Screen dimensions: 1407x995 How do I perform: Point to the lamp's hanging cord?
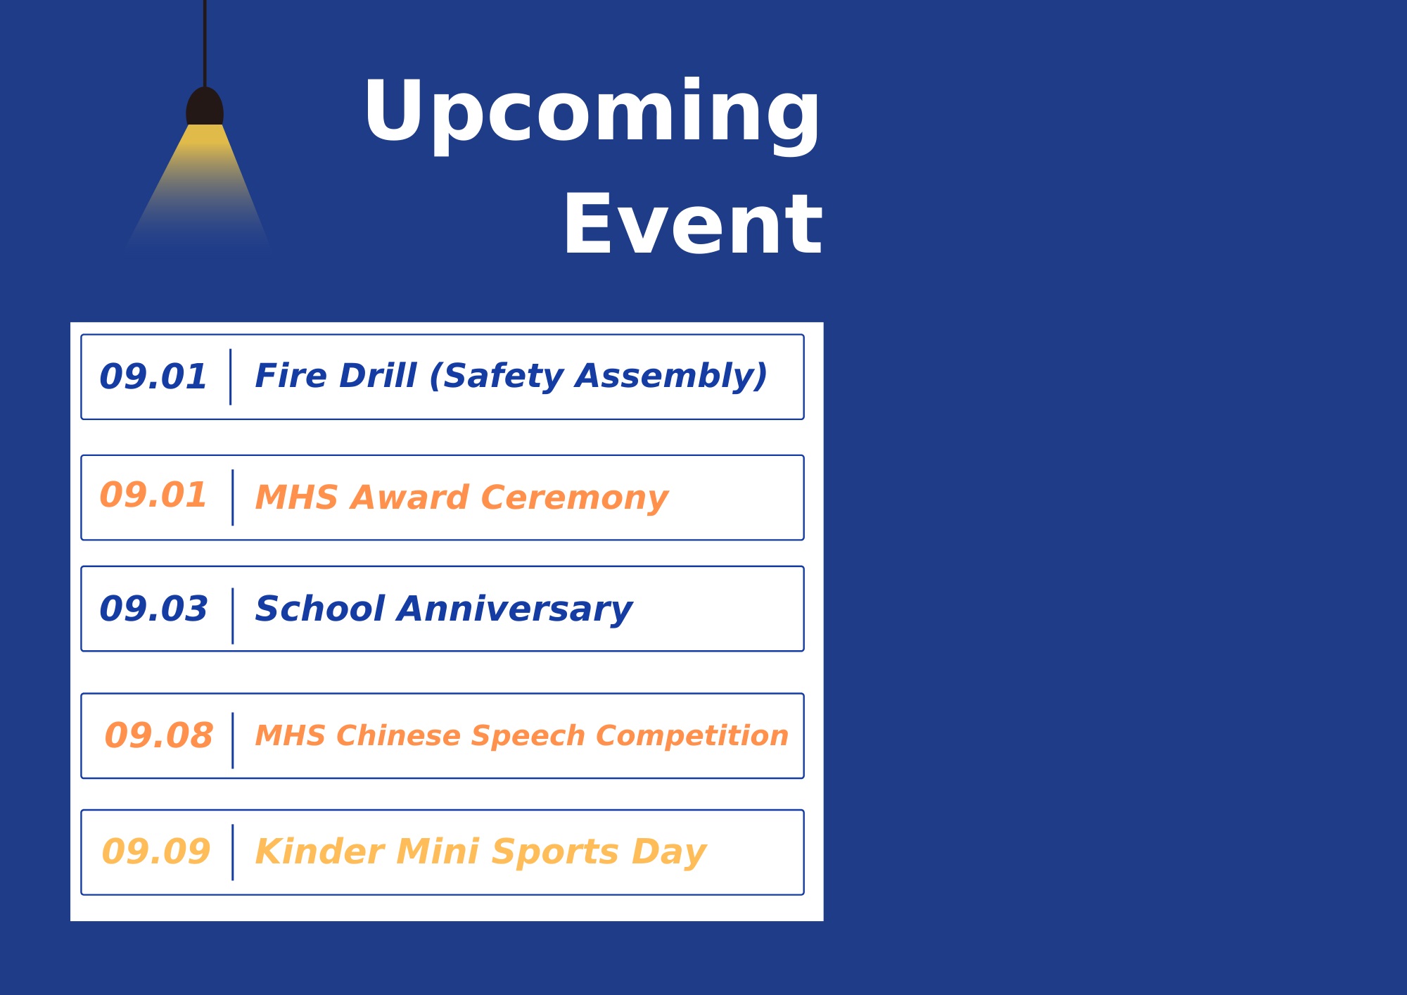coord(205,44)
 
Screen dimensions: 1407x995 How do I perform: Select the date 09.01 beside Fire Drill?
coord(153,376)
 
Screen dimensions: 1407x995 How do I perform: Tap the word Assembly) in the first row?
coord(671,377)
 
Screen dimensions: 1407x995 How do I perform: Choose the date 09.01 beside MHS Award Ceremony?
coord(153,495)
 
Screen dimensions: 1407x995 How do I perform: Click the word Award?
coord(409,497)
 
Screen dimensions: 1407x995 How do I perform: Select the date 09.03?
coord(153,609)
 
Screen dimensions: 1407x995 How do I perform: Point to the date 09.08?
coord(158,736)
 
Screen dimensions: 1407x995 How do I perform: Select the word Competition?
coord(692,737)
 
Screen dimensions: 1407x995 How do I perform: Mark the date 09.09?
coord(156,851)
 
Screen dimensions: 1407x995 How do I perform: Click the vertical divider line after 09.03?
coord(233,616)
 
